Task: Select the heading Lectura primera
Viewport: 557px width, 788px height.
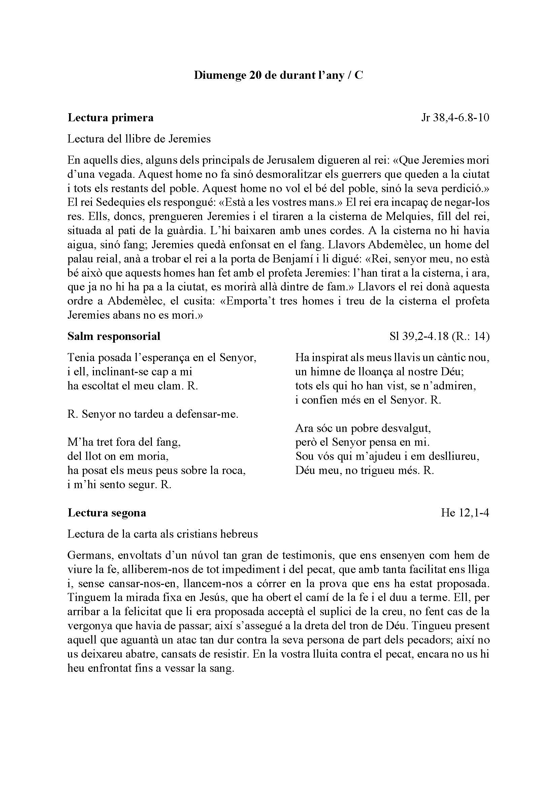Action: pyautogui.click(x=110, y=118)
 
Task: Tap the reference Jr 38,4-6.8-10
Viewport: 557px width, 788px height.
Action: pyautogui.click(x=455, y=118)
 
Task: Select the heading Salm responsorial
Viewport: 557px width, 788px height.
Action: pyautogui.click(x=114, y=336)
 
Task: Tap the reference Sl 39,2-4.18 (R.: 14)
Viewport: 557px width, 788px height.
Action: pyautogui.click(x=439, y=336)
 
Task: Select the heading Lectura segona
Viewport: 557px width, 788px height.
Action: pyautogui.click(x=107, y=513)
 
